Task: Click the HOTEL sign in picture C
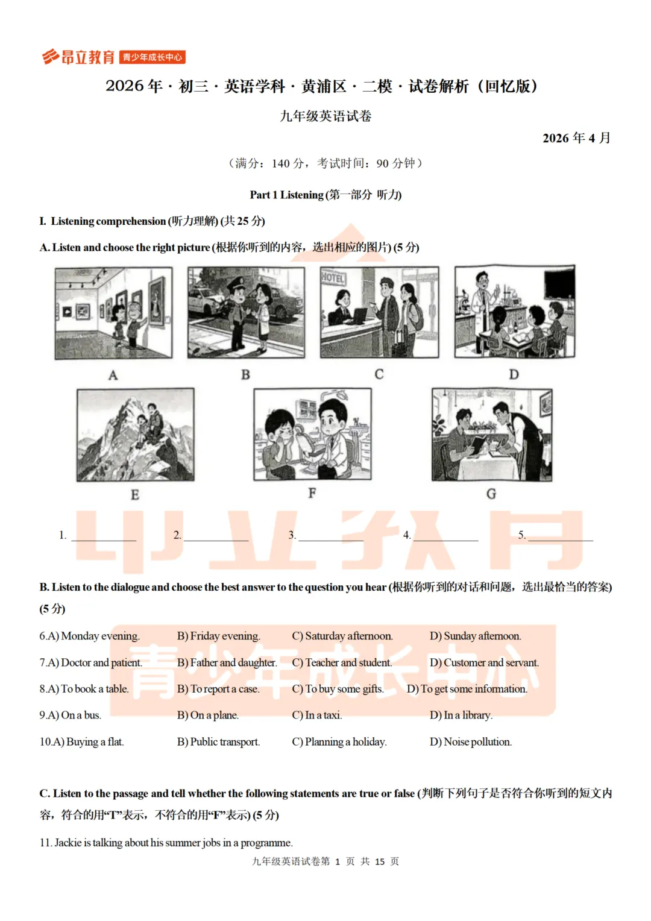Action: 333,278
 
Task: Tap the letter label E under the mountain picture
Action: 135,495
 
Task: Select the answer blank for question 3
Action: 331,539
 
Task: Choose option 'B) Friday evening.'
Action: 218,636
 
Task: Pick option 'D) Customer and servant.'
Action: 484,662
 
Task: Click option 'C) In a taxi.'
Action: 316,715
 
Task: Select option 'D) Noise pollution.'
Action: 470,741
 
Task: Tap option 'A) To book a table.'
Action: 84,689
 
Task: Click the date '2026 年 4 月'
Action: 576,138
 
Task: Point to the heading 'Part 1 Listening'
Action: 287,195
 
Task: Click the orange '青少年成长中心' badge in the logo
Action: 152,57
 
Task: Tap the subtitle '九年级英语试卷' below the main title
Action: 325,116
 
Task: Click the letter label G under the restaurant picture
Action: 491,494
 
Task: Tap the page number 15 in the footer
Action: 380,861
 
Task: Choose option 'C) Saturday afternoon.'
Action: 342,636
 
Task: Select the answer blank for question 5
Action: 561,539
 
